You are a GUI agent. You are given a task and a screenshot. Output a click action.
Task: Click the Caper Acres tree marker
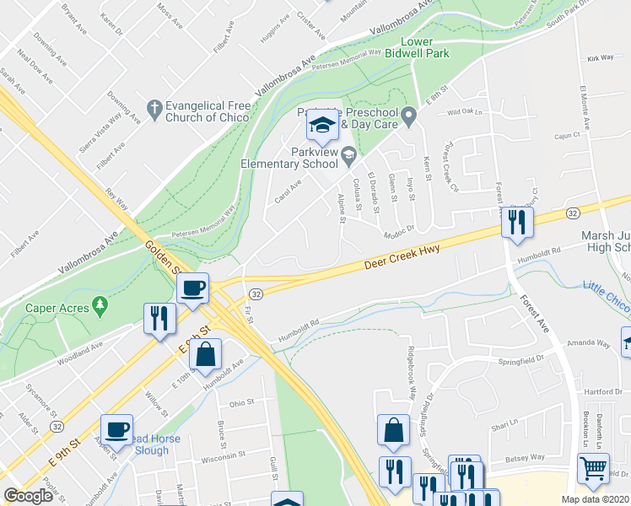100,304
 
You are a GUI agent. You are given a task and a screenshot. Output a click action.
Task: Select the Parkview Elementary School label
290,158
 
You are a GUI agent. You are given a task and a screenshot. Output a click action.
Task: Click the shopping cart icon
594,468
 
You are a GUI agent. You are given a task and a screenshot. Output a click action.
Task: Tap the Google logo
28,496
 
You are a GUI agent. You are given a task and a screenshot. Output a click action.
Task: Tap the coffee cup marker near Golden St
193,288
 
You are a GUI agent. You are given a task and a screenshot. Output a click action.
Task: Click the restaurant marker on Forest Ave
514,223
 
